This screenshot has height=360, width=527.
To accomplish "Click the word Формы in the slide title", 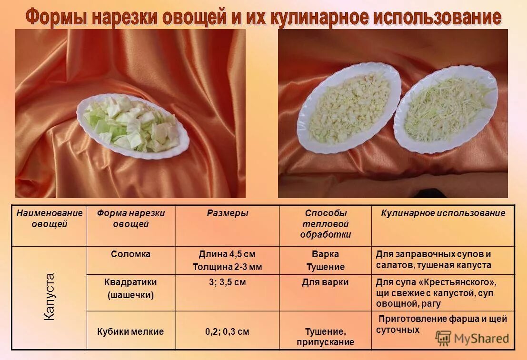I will coord(56,18).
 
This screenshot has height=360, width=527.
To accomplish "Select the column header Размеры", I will coord(227,213).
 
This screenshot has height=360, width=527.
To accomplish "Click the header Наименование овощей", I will coord(50,219).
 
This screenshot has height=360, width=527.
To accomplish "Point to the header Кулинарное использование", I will coord(443,213).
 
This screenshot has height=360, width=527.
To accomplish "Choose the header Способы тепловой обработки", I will coord(326,224).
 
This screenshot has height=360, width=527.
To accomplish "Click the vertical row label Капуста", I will coord(50,296).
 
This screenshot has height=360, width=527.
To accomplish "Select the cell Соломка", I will coord(130,254).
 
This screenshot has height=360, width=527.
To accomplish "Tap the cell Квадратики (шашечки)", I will coord(130,288).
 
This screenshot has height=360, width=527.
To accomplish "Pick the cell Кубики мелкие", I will coord(130,331).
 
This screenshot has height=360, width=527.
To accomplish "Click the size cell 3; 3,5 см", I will coord(227,282).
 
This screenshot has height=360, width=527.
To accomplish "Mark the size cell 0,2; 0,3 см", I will coord(227,331).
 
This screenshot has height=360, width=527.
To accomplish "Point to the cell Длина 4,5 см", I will coord(227,254).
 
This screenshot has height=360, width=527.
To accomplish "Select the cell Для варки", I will coord(326,282).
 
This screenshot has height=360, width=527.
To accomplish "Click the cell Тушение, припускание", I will coord(326,336).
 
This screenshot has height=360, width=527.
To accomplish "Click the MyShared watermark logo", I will coord(472,338).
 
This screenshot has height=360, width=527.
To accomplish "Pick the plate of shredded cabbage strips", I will coord(445,109).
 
